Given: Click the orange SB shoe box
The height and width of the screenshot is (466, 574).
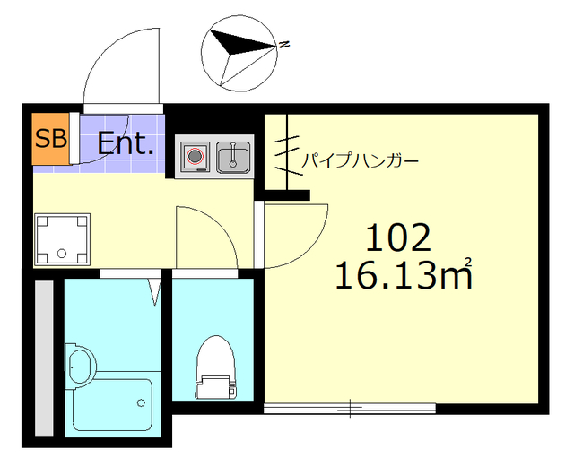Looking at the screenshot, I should pos(49,139).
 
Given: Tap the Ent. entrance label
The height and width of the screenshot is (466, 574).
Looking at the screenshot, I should pos(126,143).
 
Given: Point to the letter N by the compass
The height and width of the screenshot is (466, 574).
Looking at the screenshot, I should pos(283,43).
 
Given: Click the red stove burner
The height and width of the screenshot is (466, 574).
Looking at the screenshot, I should pos(194,157).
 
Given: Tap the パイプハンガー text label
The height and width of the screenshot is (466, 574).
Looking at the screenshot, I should pos(359,161).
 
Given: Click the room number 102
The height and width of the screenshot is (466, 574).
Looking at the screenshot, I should pos(398,237).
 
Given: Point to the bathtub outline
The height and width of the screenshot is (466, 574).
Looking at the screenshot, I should pos(112,405).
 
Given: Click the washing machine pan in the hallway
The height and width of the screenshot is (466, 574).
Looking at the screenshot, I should pos(62,239).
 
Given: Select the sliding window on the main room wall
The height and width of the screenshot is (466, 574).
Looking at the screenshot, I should pos(350,408).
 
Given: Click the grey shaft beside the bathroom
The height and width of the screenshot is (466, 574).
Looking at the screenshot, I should pos(42,358).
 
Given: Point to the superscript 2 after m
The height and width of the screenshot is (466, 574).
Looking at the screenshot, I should pos(467,263).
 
